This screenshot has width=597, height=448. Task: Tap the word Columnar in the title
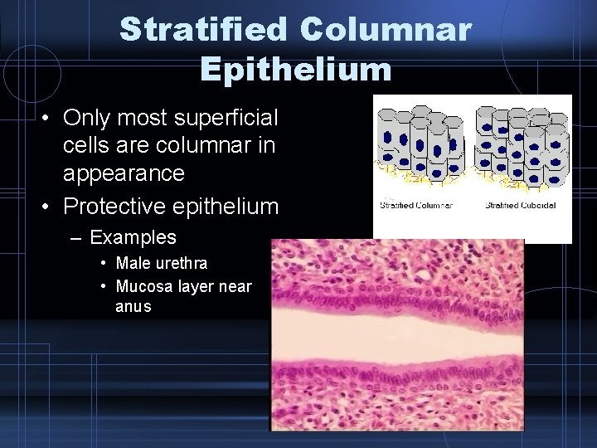point(386,30)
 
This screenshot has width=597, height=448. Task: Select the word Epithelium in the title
point(295,70)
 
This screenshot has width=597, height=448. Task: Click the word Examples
point(133,237)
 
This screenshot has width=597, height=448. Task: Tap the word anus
point(133,307)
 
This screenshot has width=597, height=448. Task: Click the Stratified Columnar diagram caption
point(415,205)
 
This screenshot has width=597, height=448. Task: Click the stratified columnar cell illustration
point(420,146)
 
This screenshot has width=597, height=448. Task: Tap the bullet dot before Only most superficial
point(51,117)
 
